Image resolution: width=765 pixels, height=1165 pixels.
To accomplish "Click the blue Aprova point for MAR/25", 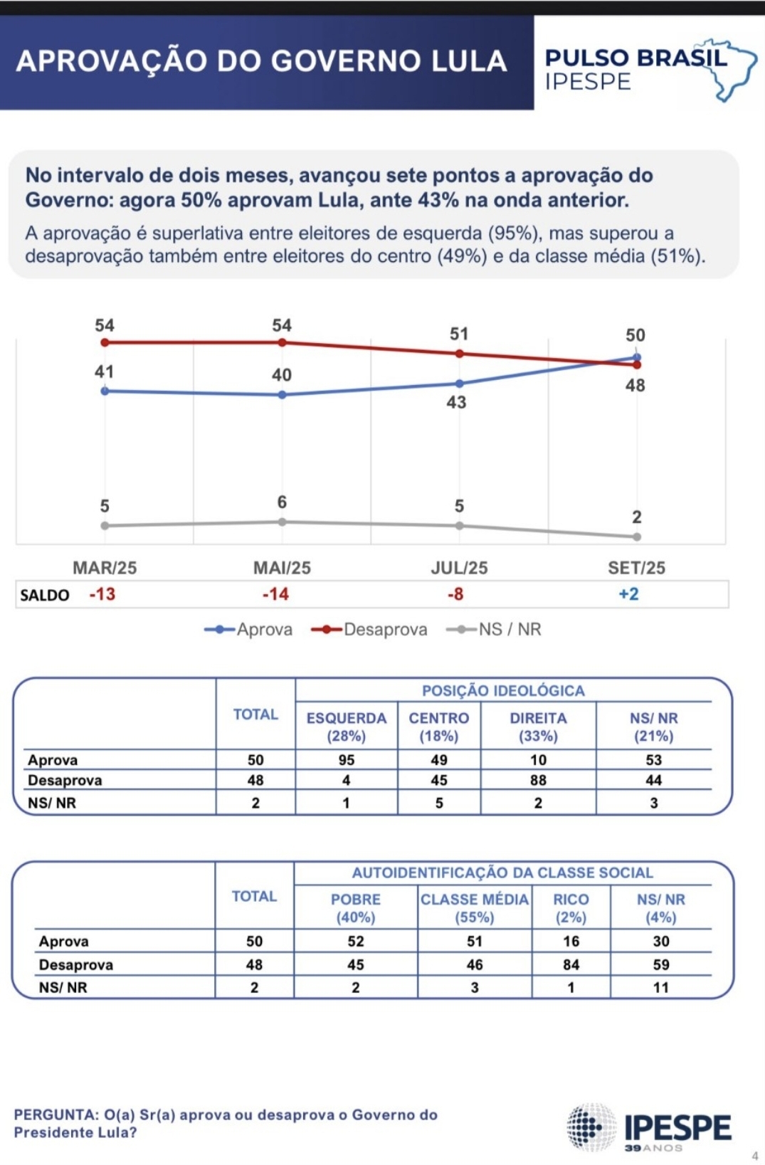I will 105,391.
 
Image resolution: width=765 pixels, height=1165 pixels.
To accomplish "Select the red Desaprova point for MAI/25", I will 282,342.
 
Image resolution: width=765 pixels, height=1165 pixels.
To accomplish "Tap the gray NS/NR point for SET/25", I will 637,537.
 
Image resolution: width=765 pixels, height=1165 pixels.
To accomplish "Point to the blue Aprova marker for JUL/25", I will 460,384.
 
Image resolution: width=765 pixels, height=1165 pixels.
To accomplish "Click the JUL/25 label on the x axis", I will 459,568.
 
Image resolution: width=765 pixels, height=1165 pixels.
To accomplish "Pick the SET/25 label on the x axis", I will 636,568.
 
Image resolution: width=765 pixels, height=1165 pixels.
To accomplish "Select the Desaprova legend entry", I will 370,629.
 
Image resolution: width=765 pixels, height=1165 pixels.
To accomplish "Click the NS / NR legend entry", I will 494,629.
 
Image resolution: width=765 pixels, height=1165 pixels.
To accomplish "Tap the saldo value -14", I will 275,594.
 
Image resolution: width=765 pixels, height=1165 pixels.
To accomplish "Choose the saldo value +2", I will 628,594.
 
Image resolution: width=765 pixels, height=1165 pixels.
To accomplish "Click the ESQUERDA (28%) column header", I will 347,727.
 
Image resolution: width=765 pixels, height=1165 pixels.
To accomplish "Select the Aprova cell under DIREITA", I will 538,760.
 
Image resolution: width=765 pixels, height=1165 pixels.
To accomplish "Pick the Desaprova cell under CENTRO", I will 439,781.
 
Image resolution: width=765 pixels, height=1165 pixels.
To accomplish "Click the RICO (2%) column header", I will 571,908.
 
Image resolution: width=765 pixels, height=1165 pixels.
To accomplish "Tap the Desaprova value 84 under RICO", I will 571,964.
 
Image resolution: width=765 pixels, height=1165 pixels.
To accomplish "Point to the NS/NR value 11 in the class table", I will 661,987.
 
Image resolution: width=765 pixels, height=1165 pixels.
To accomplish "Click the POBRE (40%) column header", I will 356,908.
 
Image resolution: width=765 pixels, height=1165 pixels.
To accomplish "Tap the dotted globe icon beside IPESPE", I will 591,1127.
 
